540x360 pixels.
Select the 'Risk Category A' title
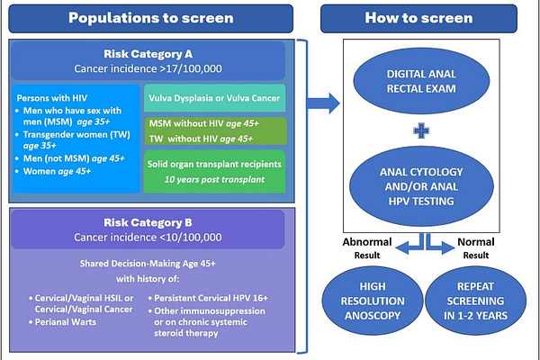point(148,51)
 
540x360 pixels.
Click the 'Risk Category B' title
point(148,220)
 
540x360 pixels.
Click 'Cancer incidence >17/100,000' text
point(148,67)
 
